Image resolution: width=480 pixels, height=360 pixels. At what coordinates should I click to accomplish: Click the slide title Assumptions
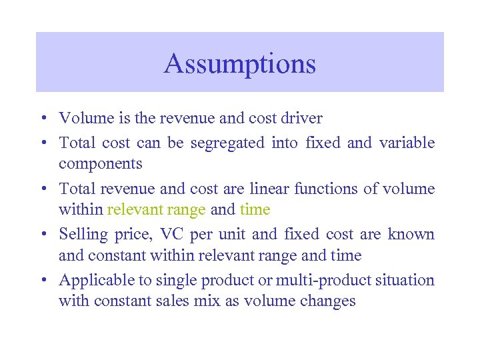click(240, 64)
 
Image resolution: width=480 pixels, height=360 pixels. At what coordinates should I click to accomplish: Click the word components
click(101, 164)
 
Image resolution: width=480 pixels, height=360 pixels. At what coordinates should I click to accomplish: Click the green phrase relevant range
click(156, 210)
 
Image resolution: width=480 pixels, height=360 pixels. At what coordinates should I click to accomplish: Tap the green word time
click(255, 210)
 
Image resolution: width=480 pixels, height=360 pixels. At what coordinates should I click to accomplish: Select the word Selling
click(81, 235)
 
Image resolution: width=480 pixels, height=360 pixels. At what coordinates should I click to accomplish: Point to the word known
click(413, 235)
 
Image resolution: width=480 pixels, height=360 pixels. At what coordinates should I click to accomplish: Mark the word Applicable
click(92, 280)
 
